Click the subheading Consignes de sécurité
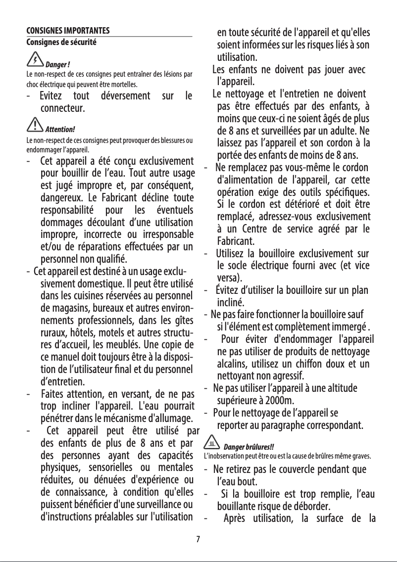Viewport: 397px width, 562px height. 61,42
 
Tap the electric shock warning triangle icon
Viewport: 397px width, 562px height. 34,61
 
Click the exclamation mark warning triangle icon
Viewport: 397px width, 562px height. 34,127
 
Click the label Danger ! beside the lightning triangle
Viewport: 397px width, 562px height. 57,65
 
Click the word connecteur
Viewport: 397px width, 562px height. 61,107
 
